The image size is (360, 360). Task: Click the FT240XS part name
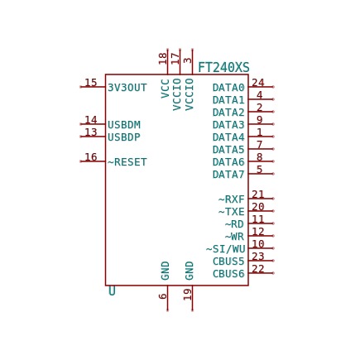point(223,68)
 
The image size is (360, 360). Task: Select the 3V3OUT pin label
point(127,88)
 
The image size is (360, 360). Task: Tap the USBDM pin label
point(124,125)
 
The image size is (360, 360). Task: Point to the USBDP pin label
point(124,137)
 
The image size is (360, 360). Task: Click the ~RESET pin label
point(127,162)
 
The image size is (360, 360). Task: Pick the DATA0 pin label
point(228,88)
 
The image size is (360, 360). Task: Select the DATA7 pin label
point(228,175)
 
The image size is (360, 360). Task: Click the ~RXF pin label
point(232,199)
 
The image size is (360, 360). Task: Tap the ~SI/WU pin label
point(225,249)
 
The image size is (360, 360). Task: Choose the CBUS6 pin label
point(228,274)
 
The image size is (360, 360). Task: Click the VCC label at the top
point(165,89)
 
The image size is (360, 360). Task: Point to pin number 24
point(258,83)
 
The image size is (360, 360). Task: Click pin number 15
point(91,83)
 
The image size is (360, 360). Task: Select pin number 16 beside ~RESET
point(91,157)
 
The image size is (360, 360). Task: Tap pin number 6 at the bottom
point(163,296)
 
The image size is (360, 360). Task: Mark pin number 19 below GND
point(188,295)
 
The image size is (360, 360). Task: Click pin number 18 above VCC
point(163,59)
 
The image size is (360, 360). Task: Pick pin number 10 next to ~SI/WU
point(258,244)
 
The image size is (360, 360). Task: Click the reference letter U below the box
point(112,291)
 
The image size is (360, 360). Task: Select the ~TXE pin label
point(232,212)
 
